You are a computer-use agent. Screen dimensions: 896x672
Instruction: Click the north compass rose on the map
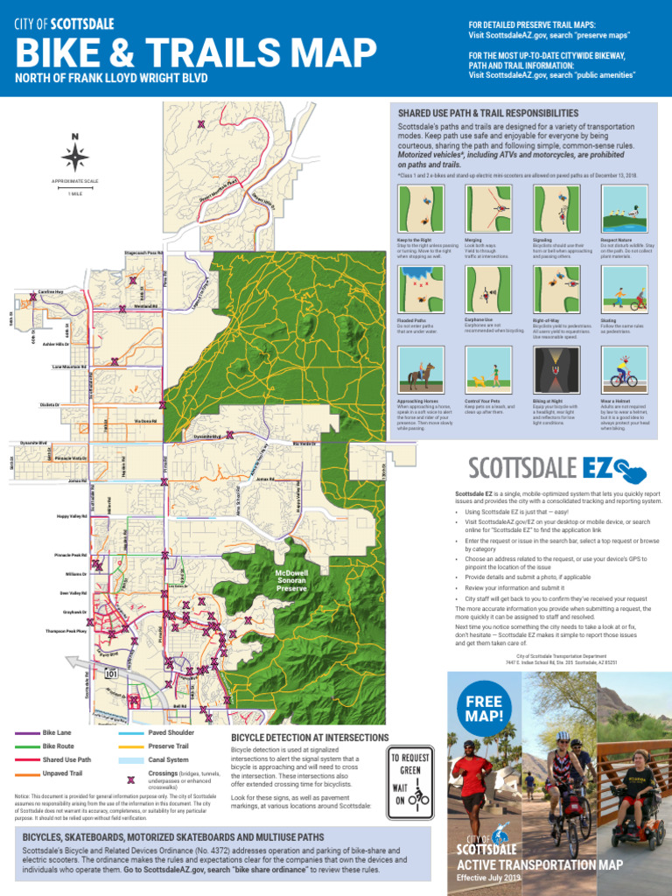click(x=75, y=155)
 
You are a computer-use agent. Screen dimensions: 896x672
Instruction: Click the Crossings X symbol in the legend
click(x=131, y=779)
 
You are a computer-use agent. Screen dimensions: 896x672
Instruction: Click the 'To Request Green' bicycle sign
click(x=410, y=778)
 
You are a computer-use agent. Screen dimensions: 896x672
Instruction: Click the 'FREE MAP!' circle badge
click(x=485, y=709)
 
